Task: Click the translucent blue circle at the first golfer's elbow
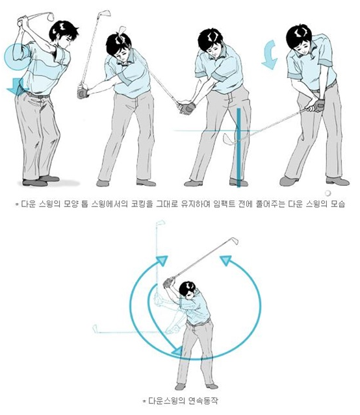click(15, 57)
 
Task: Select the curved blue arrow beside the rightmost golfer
click(269, 55)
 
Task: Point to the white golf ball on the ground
click(331, 192)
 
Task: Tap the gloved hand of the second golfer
click(83, 92)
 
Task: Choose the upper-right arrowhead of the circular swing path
click(227, 261)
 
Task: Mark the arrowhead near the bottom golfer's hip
click(176, 351)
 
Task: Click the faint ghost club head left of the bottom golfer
click(96, 328)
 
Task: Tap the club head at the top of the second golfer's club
click(103, 14)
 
